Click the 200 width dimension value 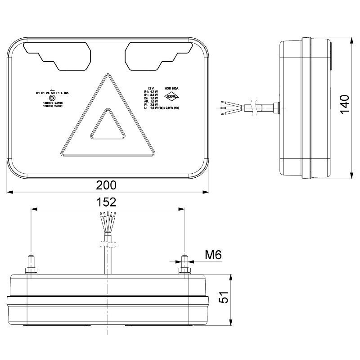pos(106,185)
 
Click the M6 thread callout pos(213,255)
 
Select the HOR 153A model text pos(172,89)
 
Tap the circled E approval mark pos(52,98)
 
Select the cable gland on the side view pos(274,108)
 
